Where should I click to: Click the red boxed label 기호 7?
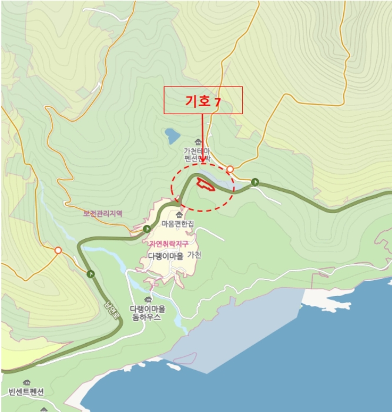203,101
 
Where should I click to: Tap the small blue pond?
172,137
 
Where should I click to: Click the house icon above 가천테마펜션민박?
197,142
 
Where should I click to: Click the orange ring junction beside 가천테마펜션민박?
230,170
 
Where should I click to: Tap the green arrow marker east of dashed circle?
255,182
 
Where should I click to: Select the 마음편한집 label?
177,224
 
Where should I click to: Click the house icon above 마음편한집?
179,214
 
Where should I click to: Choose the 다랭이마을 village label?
166,256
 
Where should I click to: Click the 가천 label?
195,255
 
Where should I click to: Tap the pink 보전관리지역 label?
102,214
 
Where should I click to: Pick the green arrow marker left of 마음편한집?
146,228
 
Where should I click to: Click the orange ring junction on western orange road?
58,251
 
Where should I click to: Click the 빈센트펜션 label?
26,392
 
